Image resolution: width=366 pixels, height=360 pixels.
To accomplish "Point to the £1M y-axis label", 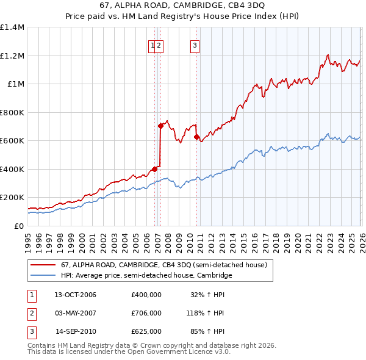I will coord(15,84).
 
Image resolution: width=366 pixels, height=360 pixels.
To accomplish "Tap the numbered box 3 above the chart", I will coord(195,45).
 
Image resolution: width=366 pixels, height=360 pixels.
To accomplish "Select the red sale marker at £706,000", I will coord(160,126).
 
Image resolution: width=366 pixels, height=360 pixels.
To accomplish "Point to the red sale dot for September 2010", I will coord(196,137).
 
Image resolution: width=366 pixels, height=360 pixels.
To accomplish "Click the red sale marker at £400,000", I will coord(154,169).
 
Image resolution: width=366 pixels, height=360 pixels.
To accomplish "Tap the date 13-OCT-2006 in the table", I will coord(75,295).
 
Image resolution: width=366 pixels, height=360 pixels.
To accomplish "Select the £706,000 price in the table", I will coord(146,313).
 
